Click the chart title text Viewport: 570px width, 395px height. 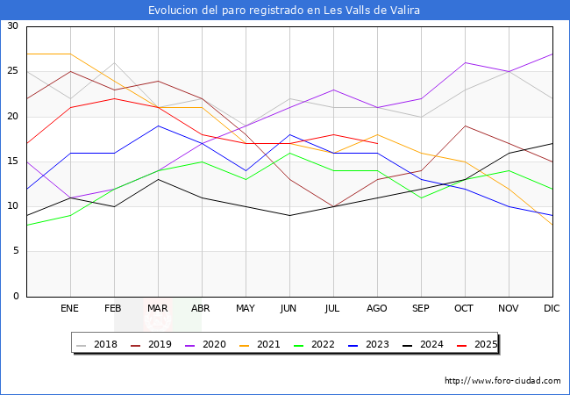pos(284,11)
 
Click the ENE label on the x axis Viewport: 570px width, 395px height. pos(69,309)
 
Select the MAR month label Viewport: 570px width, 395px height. pos(158,309)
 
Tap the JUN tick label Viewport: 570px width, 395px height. pos(289,309)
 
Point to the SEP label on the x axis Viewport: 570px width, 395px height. pos(421,309)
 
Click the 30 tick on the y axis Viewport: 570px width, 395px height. pos(12,26)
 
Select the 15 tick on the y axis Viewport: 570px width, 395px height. pos(12,162)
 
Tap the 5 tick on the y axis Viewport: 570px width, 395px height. pos(15,252)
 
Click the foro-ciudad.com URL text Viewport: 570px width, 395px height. pos(502,381)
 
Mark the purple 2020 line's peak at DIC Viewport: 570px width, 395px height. pos(552,54)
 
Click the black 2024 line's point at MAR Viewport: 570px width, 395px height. pos(158,179)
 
